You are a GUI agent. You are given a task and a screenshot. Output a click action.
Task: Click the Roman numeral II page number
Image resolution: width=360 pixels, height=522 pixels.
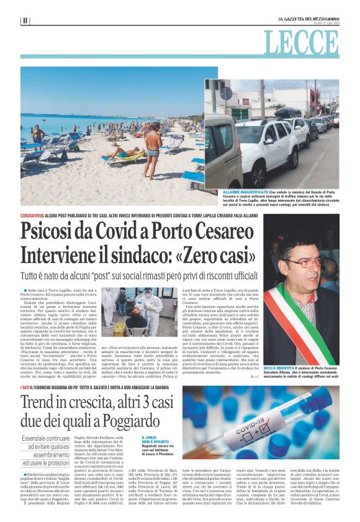pyautogui.click(x=25, y=20)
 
